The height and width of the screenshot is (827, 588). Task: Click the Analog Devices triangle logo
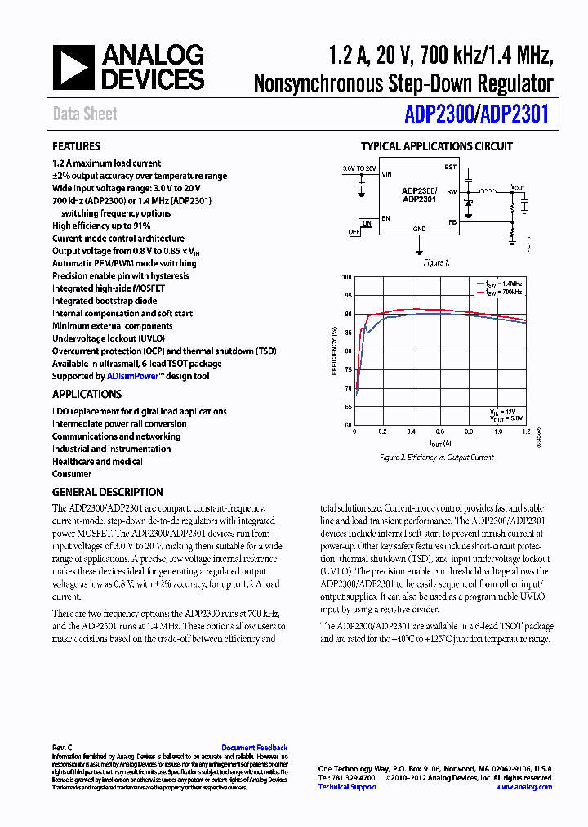73,67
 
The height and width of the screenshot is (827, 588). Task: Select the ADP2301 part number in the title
514,114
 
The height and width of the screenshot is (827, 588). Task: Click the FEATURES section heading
76,147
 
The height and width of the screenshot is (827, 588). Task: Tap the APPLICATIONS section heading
87,394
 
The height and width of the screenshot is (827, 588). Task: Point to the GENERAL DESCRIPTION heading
107,492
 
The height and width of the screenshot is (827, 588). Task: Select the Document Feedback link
254,748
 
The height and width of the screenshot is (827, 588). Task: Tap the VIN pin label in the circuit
387,174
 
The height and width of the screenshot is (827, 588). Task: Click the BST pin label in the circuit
449,167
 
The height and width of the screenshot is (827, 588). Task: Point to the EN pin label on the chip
385,218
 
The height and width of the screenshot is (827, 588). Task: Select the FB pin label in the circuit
451,221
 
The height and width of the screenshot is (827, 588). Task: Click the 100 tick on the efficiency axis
347,277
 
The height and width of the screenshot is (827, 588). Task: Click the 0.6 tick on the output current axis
440,431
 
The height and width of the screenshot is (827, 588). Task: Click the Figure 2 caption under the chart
437,458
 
